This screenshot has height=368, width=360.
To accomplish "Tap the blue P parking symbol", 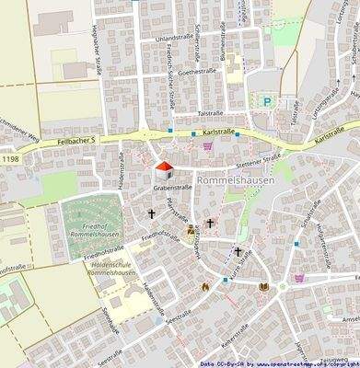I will (268, 102).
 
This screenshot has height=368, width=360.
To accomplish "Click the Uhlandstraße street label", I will (178, 39).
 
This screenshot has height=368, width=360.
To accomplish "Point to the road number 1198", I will (11, 160).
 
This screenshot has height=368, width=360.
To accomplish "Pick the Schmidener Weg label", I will (19, 132).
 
